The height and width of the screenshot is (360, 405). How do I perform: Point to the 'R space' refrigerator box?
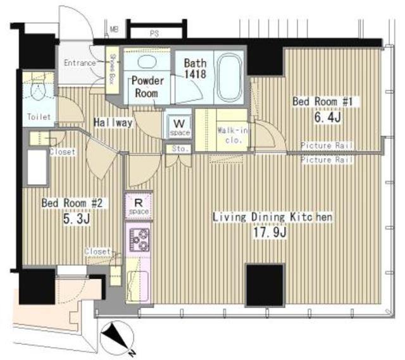(137, 204)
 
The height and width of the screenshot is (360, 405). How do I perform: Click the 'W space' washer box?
(178, 126)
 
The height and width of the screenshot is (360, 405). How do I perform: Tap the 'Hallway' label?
(114, 123)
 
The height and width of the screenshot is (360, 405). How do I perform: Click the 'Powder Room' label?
(147, 86)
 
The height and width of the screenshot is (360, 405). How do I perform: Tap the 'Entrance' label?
(80, 63)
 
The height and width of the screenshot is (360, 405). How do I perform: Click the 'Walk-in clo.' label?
(228, 134)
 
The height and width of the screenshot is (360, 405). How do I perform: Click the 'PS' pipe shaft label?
(154, 32)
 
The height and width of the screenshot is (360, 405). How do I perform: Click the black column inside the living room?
(264, 285)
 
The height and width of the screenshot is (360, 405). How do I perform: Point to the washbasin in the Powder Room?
(146, 63)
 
